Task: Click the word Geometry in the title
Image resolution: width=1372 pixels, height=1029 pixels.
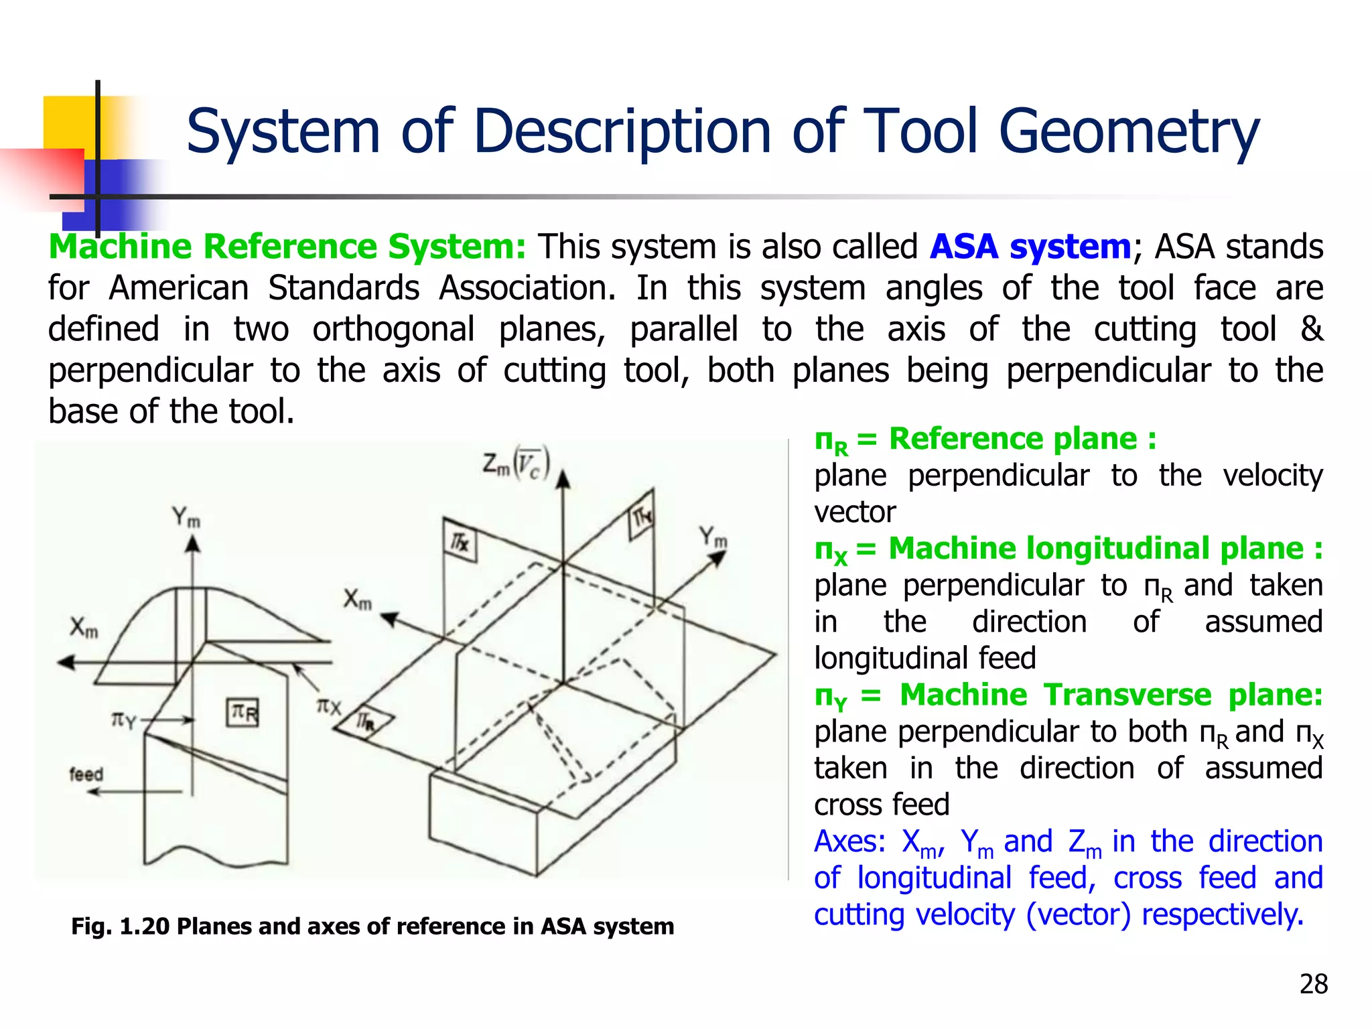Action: pos(1129,132)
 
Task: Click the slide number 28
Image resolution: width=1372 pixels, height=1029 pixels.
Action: pos(1313,984)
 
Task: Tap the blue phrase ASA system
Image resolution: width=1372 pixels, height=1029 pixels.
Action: pos(1030,247)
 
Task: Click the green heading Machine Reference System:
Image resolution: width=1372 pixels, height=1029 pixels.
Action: pos(287,247)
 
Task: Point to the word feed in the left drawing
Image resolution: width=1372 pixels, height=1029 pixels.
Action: pos(86,774)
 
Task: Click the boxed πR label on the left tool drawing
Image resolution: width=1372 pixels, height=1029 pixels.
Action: pos(243,712)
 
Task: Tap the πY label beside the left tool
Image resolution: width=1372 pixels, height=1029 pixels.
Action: pos(123,721)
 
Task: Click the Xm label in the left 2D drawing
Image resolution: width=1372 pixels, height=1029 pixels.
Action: pos(84,628)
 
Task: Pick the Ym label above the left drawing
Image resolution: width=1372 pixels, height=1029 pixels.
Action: pos(186,518)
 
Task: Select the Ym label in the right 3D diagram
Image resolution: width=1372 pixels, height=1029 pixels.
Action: pos(713,537)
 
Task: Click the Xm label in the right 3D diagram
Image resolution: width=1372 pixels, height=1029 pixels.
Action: pos(358,600)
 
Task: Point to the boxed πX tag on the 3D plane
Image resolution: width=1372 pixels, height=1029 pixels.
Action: pos(460,541)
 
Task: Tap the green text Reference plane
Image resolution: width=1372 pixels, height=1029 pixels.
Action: pos(1012,439)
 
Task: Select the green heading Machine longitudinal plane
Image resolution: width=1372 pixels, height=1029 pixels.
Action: pos(1096,549)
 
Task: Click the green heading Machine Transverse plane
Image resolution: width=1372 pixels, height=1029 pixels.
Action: pos(1111,695)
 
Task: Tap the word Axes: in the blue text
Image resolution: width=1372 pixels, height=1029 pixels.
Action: pos(849,842)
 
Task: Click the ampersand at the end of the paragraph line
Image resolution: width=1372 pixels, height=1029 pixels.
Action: pos(1311,329)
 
